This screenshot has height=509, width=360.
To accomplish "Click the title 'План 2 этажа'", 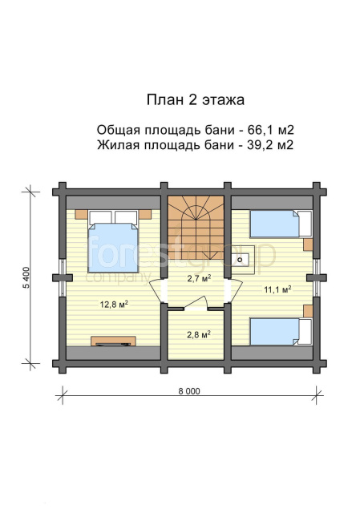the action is pos(195,100).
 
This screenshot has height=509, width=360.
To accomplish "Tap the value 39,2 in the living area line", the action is pos(259,145).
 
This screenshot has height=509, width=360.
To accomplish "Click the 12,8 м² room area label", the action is pos(114,304).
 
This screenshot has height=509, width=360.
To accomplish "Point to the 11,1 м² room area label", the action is pos(277,289).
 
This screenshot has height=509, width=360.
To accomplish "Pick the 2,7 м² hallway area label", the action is pos(198,278).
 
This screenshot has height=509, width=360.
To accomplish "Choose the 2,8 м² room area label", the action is pos(199,334).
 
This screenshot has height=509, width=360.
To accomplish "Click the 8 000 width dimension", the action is pos(189,391).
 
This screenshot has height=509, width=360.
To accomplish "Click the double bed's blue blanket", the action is pos(113,248).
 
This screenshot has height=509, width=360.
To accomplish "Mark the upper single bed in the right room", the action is pos(281,224).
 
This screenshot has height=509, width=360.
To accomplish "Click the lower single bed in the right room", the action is pos(281,331).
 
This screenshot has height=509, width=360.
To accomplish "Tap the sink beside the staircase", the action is pos(241,260).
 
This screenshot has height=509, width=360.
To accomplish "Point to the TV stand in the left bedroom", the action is pos(113,341).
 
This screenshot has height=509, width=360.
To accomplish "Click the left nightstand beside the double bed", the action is pos(81,214).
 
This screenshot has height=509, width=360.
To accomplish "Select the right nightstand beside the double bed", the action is pos(145,214).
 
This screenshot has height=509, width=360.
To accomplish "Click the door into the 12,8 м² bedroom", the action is pos(158,290).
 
